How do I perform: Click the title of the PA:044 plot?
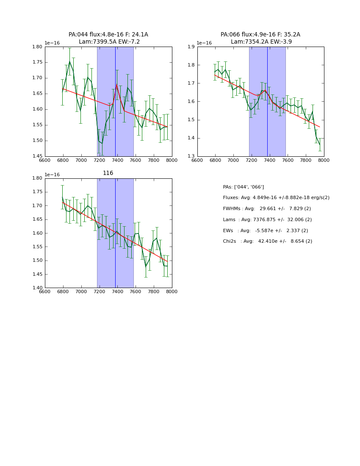[x=108, y=38]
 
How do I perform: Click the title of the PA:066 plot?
[x=260, y=38]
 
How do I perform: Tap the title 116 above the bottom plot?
[x=108, y=173]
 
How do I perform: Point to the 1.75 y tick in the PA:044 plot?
[x=37, y=62]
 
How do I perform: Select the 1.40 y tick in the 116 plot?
[x=37, y=288]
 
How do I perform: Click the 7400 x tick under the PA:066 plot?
[x=270, y=160]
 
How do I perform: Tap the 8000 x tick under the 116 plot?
[x=172, y=291]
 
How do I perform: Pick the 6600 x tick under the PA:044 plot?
[x=45, y=160]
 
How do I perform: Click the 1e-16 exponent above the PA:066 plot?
[x=204, y=43]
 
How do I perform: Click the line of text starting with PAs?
[x=244, y=187]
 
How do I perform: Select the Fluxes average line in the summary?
[x=276, y=198]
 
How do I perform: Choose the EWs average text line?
[x=266, y=230]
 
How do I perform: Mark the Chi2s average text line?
[x=268, y=241]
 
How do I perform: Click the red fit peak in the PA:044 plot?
[x=116, y=85]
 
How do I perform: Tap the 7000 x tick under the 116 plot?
[x=81, y=291]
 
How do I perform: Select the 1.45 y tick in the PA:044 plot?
[x=37, y=156]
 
